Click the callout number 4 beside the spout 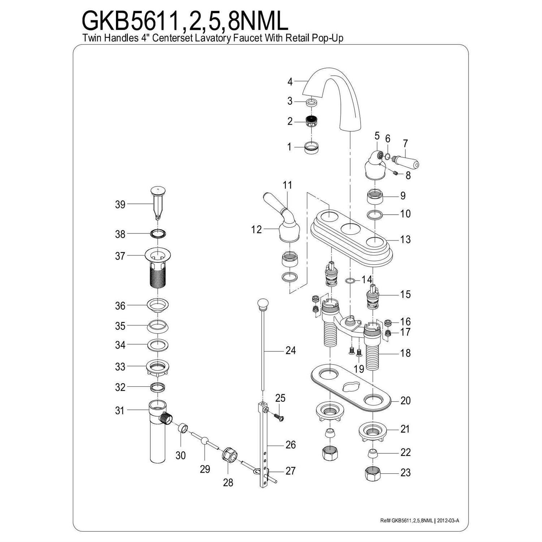[290, 82]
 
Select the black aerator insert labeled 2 [312, 121]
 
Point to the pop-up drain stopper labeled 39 [158, 202]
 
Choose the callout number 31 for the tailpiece [120, 411]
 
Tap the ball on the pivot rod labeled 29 [205, 441]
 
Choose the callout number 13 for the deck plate [405, 240]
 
